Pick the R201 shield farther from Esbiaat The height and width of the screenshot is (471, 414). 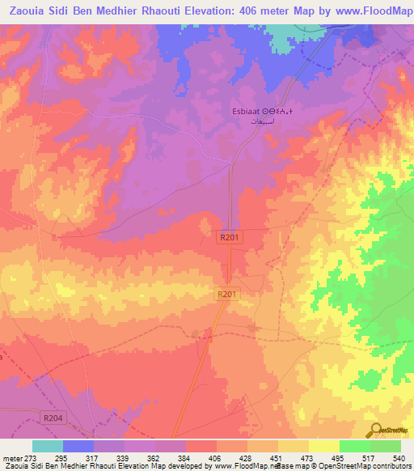click(226, 295)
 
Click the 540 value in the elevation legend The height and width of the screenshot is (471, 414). click(399, 458)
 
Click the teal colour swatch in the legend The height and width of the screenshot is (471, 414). click(48, 446)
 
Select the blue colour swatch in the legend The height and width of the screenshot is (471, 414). click(78, 446)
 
